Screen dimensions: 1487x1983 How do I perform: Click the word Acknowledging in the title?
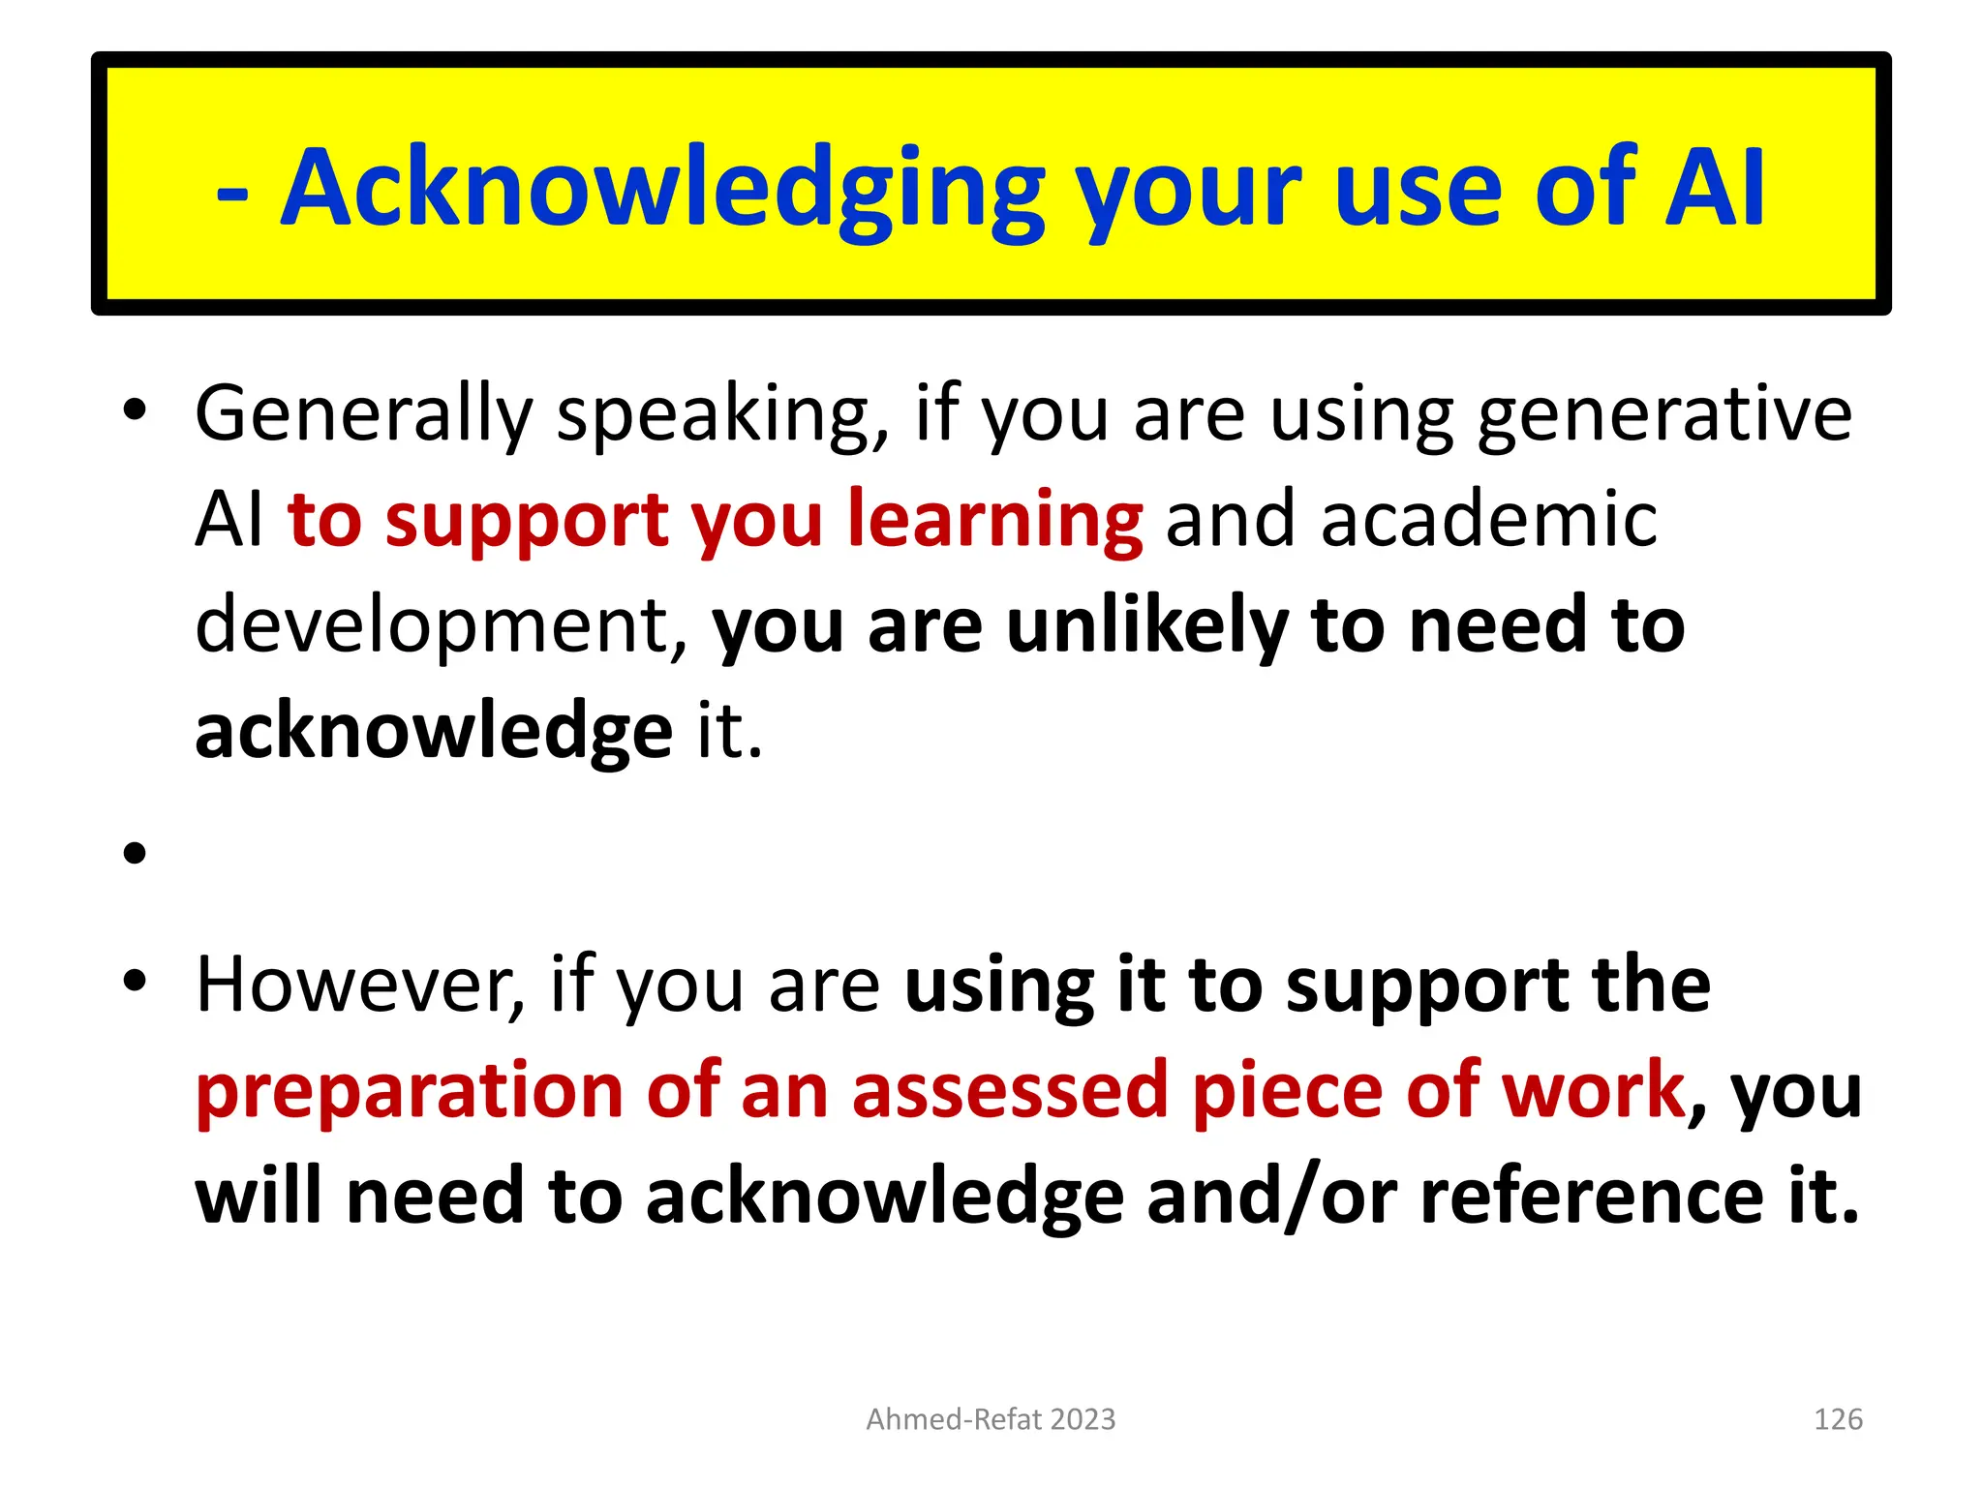point(662,189)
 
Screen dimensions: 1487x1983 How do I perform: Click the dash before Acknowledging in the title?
point(232,192)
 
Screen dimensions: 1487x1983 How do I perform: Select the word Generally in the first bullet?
point(364,414)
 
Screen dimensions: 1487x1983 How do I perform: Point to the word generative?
point(1664,414)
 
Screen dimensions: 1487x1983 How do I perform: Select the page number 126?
point(1837,1419)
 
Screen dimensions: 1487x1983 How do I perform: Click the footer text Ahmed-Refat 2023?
point(991,1419)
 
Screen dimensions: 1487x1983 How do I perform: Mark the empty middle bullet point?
point(135,853)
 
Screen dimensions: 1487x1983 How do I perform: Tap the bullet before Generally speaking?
point(135,410)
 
